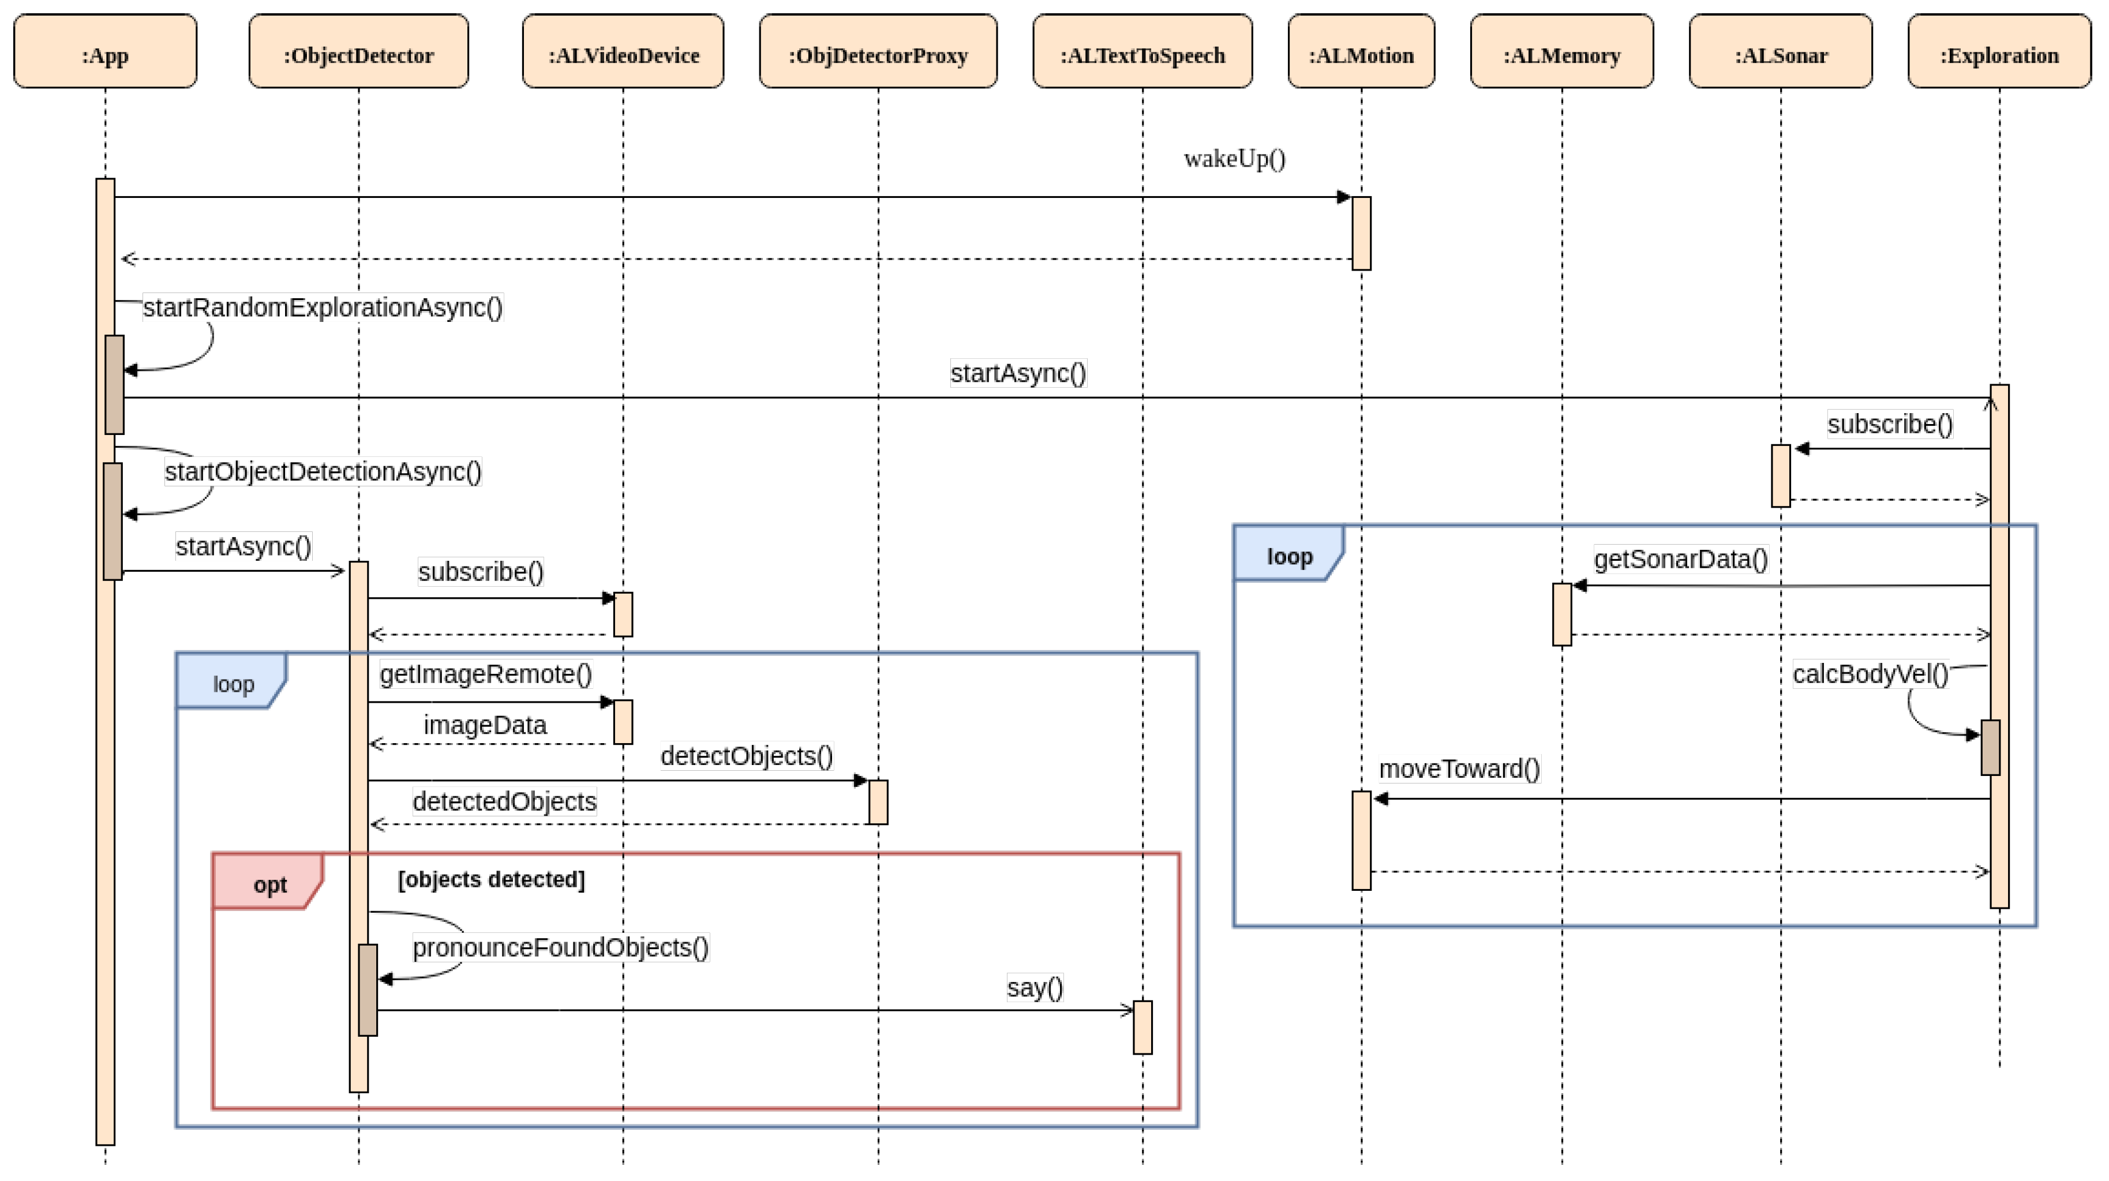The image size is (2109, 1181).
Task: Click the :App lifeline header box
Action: [x=105, y=51]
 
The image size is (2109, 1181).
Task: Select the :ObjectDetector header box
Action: [x=358, y=51]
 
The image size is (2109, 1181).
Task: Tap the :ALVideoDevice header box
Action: [x=623, y=51]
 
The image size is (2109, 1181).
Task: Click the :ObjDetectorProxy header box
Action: [x=878, y=51]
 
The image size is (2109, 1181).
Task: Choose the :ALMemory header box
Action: [x=1561, y=51]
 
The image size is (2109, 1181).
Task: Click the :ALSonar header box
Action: [x=1780, y=51]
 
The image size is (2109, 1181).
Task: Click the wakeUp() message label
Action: [x=1235, y=159]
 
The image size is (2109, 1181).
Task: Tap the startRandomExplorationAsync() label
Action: [x=323, y=308]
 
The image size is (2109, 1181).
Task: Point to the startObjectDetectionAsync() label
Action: [x=323, y=473]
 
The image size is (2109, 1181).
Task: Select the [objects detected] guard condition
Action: [x=491, y=880]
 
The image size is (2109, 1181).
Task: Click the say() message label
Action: [x=1035, y=988]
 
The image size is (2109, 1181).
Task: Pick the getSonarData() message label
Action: [x=1680, y=560]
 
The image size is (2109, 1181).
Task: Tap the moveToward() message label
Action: [x=1459, y=769]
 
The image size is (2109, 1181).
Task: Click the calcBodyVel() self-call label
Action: [x=1870, y=674]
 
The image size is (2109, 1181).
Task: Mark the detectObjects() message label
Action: [x=747, y=756]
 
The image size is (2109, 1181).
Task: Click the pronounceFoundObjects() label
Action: [x=560, y=948]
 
